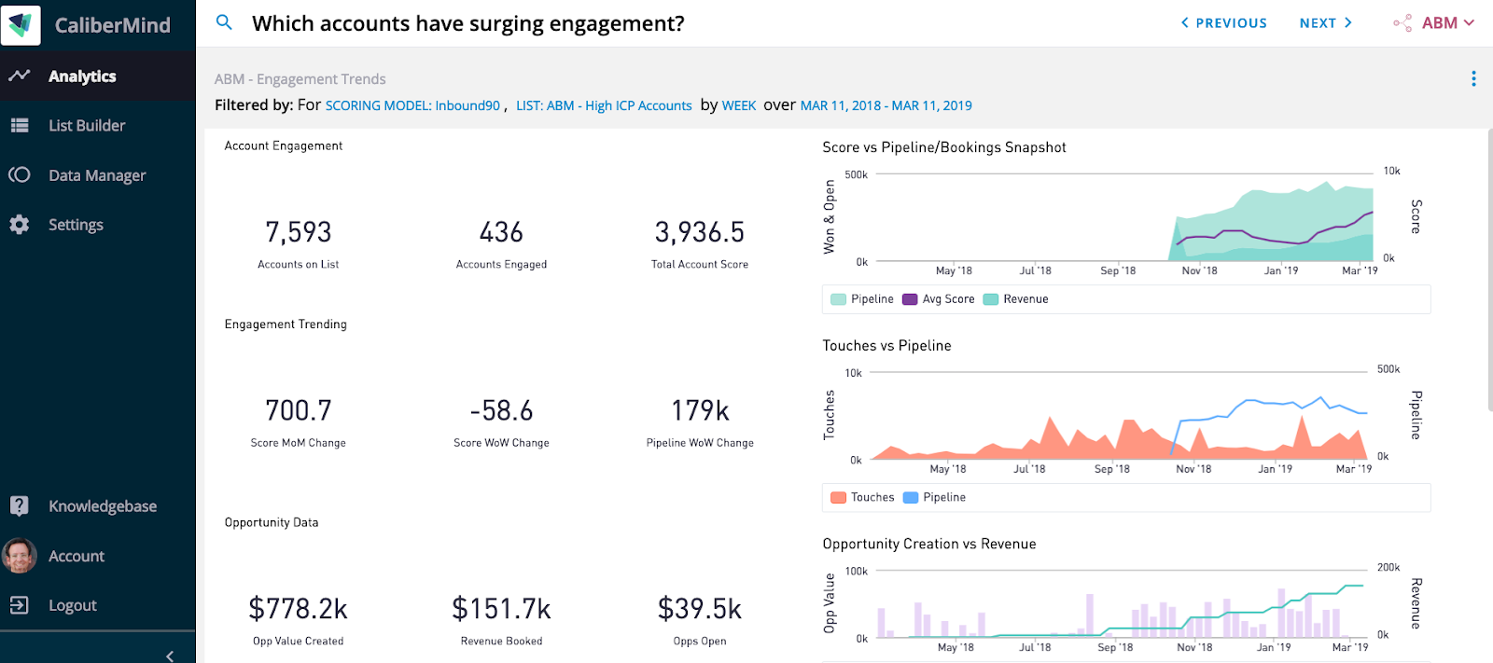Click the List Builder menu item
coord(86,126)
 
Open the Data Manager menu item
coord(96,175)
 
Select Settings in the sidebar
coord(75,225)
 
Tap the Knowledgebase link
coord(102,506)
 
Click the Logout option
coord(72,605)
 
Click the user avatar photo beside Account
coord(20,556)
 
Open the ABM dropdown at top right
coord(1437,23)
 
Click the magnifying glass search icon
coord(224,22)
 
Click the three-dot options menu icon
coord(1473,79)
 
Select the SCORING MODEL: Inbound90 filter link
coord(412,106)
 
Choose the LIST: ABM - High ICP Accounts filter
coord(604,106)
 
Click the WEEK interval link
coord(739,106)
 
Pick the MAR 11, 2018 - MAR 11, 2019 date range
coord(886,106)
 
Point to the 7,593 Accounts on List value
coord(299,232)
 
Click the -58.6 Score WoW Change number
coord(501,411)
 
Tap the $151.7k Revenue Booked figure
coord(501,609)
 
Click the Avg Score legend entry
coord(939,299)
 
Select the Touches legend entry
coord(862,498)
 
